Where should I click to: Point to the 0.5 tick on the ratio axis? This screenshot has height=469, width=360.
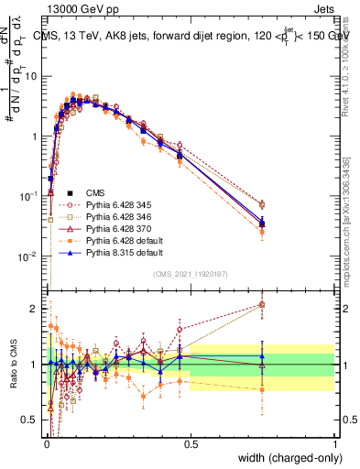pyautogui.click(x=33, y=420)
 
